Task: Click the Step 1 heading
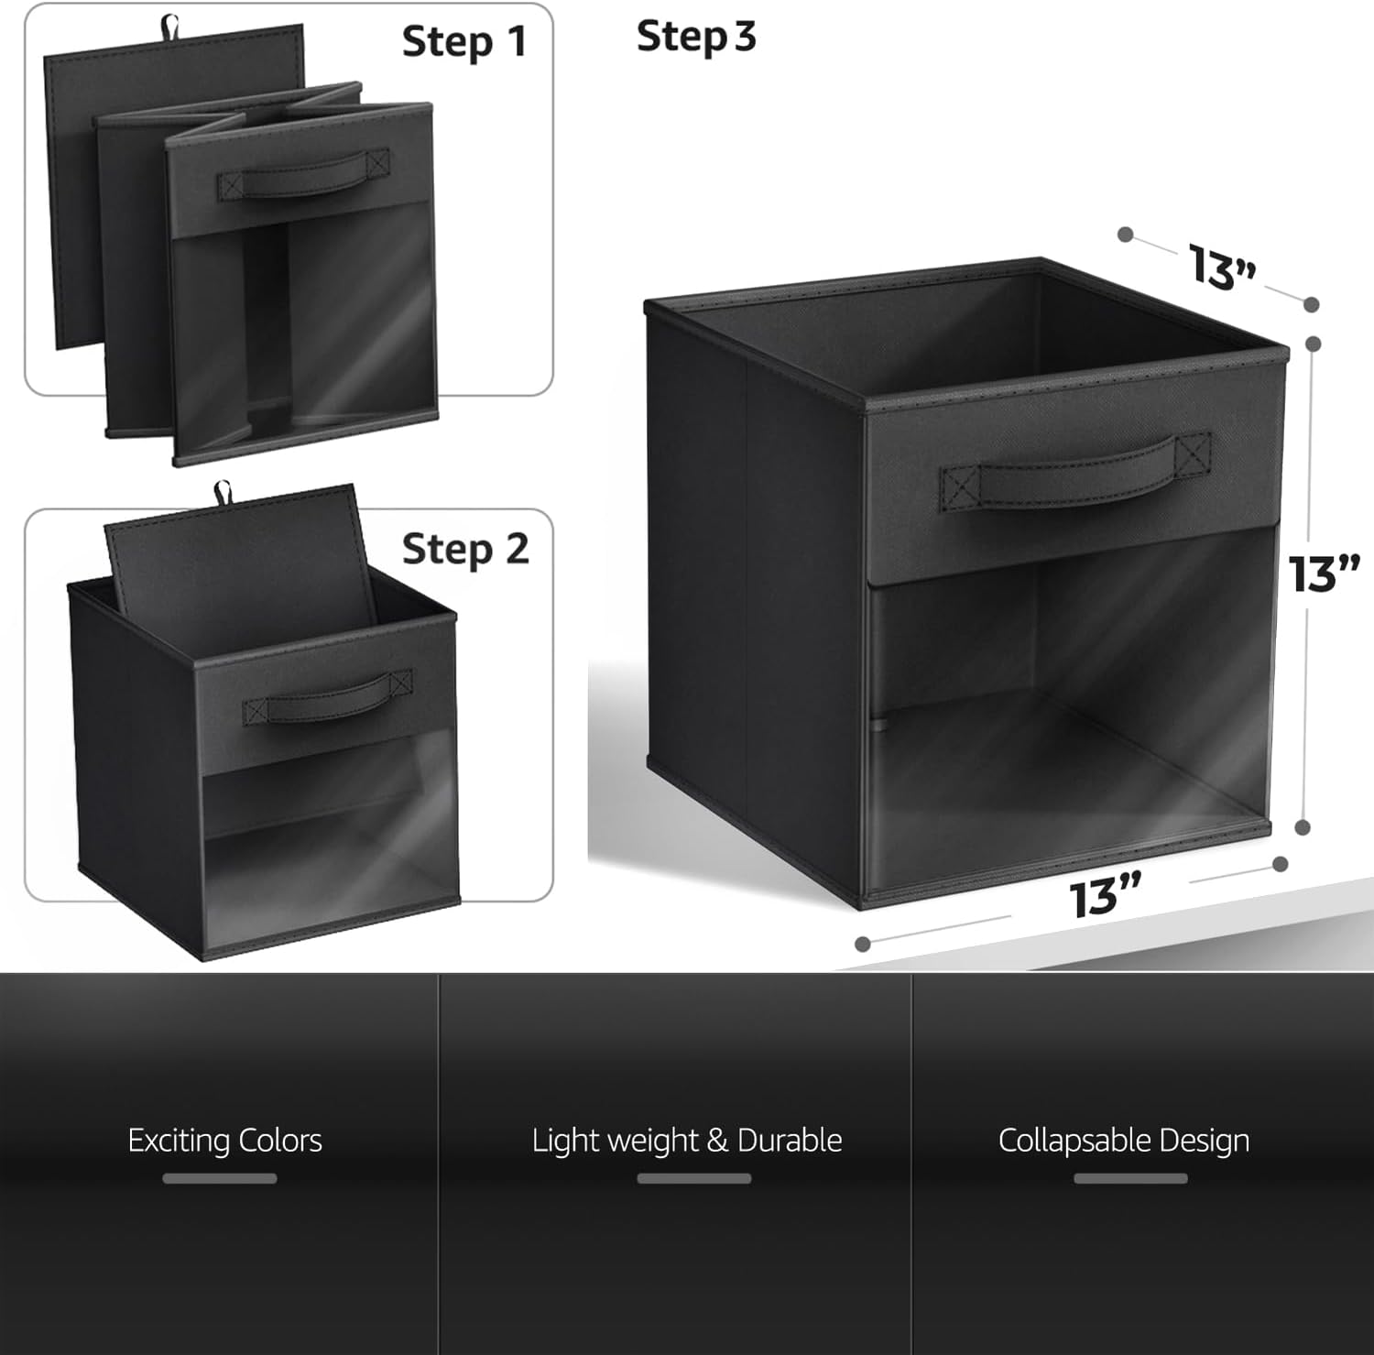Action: pos(464,42)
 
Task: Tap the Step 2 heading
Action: pos(465,549)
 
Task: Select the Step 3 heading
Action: pos(696,37)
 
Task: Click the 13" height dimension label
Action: pos(1324,574)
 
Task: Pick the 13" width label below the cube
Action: pos(1106,895)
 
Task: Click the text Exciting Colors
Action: pos(225,1141)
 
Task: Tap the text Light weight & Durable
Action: pos(687,1141)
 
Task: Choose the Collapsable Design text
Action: pos(1124,1141)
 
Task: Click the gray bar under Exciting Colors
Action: pos(220,1178)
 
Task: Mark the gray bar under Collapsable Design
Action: pos(1130,1178)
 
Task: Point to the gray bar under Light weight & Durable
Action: pos(694,1178)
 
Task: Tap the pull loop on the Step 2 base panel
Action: pos(222,493)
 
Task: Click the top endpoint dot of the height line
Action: pos(1313,344)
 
